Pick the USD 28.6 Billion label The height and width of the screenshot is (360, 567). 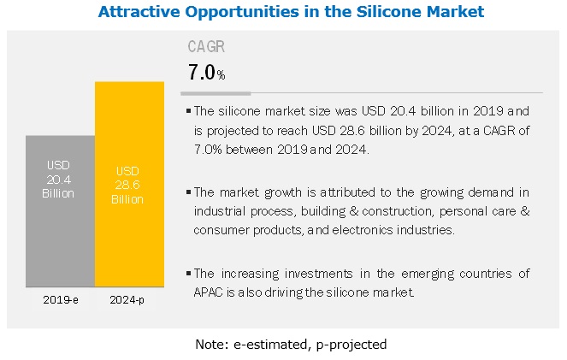[128, 186]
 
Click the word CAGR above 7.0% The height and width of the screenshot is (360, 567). [206, 47]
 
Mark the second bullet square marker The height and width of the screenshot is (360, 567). [188, 194]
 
